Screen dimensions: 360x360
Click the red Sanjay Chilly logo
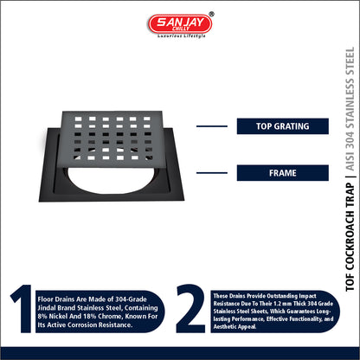[x=180, y=23]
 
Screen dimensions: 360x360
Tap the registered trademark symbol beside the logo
[x=211, y=14]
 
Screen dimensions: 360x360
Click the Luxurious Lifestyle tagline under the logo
[x=182, y=36]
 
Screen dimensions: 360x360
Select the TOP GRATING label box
[x=283, y=126]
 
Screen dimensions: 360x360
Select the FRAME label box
[x=283, y=173]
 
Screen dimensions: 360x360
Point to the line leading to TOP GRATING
[x=212, y=126]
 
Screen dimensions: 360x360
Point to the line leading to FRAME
[x=212, y=173]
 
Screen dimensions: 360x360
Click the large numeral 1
[x=22, y=309]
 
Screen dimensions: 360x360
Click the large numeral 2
[x=190, y=308]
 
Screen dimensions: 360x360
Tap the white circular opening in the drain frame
[x=111, y=180]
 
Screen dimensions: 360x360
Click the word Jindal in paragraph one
[x=47, y=308]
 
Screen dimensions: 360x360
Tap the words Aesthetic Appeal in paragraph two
[x=235, y=326]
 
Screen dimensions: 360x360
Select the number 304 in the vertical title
[x=350, y=140]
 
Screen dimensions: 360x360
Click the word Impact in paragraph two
[x=307, y=296]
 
